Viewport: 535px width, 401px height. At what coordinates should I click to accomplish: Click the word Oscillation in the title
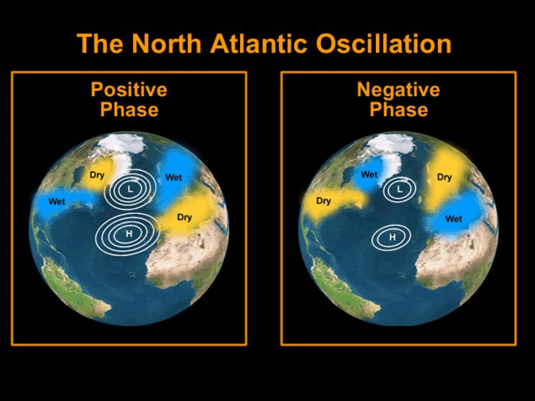[x=384, y=44]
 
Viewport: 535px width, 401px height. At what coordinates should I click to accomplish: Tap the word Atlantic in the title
[x=259, y=44]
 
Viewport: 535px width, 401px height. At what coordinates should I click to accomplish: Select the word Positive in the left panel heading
[x=129, y=89]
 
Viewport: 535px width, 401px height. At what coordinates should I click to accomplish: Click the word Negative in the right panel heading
[x=398, y=89]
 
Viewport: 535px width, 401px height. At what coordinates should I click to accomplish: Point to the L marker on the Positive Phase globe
[x=130, y=189]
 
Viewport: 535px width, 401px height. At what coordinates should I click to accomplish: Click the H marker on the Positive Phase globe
[x=128, y=234]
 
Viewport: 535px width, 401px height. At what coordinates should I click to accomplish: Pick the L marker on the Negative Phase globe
[x=400, y=189]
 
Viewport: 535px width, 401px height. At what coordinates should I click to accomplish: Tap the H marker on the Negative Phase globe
[x=392, y=238]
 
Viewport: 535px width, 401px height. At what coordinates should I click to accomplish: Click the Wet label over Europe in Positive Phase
[x=173, y=177]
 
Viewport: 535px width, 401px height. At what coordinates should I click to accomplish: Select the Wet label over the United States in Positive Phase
[x=57, y=202]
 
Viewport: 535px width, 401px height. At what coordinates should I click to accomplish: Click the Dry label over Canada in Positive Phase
[x=97, y=175]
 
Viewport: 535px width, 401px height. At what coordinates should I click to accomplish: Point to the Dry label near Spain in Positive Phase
[x=185, y=218]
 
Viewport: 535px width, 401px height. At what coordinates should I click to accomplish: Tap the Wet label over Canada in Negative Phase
[x=369, y=175]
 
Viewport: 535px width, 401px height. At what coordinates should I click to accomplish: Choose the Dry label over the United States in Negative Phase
[x=323, y=201]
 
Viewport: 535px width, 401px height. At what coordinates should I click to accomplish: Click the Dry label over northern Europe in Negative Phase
[x=444, y=177]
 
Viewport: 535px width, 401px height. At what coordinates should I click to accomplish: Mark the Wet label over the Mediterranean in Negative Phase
[x=454, y=219]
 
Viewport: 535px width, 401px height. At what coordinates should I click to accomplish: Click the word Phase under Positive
[x=129, y=110]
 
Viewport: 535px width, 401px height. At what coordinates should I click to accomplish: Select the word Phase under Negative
[x=399, y=110]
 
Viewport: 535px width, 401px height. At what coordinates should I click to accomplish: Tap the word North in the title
[x=167, y=44]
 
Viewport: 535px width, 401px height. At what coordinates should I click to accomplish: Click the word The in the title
[x=100, y=44]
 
